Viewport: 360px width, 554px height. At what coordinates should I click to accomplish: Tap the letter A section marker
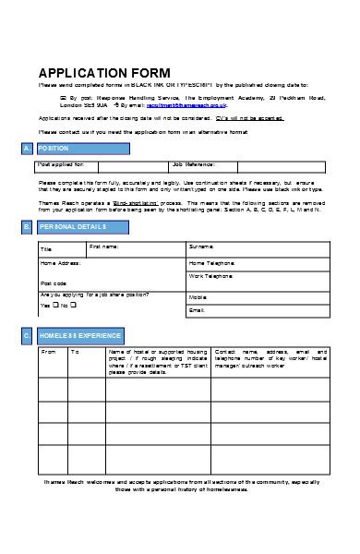click(28, 149)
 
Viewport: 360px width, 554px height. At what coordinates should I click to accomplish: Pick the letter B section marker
click(28, 226)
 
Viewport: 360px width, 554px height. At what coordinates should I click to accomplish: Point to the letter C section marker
click(28, 336)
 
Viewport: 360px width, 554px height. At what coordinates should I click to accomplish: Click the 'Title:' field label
click(46, 249)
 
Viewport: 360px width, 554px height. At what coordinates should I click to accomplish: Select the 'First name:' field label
click(104, 247)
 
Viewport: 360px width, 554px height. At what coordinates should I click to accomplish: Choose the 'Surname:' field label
click(201, 247)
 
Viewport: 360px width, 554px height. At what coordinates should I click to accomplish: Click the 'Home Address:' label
click(61, 262)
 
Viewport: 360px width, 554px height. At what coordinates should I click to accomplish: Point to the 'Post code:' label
click(54, 283)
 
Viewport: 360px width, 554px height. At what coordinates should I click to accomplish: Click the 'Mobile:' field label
click(198, 297)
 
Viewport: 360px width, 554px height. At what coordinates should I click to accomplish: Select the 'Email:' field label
click(197, 311)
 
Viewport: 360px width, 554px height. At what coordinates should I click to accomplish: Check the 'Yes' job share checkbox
click(55, 305)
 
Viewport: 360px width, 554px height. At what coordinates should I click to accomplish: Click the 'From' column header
click(50, 352)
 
